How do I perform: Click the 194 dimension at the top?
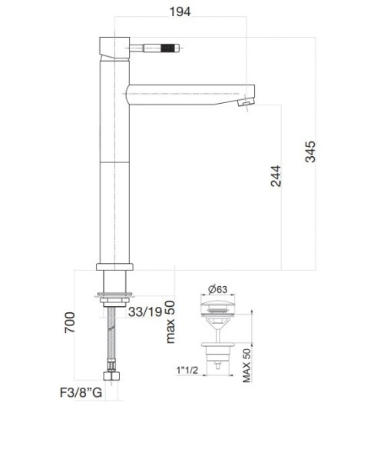180,11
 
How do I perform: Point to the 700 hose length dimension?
71,323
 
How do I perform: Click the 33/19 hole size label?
144,311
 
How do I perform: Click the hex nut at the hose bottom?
114,378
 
